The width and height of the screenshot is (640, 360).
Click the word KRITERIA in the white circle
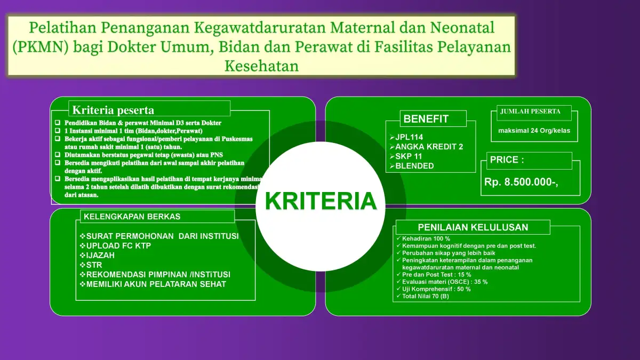coord(321,201)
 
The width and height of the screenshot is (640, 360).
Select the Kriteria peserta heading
coord(113,110)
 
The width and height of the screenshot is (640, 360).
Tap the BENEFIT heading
coord(426,119)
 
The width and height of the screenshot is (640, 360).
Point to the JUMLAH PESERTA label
coord(530,111)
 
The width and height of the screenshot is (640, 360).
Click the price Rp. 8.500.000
coord(521,182)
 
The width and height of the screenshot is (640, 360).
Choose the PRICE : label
coord(507,159)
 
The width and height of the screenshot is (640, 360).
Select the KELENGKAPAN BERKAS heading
coord(132,217)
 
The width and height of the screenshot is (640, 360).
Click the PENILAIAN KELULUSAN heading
coord(473,227)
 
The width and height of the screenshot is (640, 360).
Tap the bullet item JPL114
coord(406,137)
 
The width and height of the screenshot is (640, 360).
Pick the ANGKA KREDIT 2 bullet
coord(426,147)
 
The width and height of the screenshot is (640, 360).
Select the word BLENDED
coord(414,166)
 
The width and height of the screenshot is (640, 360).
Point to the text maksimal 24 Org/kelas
coord(534,131)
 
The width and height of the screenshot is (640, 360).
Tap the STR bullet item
coord(91,265)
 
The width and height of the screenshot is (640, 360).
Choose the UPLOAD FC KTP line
coord(115,246)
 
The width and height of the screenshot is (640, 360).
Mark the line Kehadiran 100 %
coord(423,238)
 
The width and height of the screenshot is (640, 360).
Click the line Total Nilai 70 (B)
coord(423,297)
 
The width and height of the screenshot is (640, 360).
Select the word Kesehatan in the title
coord(261,66)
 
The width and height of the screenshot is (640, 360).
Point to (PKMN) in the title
coord(41,47)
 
